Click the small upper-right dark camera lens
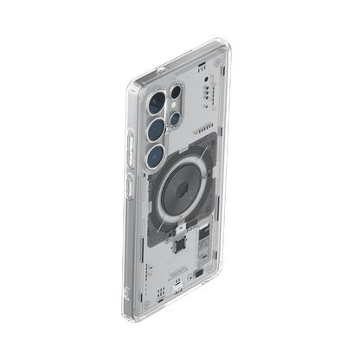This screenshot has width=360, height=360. (x=177, y=91)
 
